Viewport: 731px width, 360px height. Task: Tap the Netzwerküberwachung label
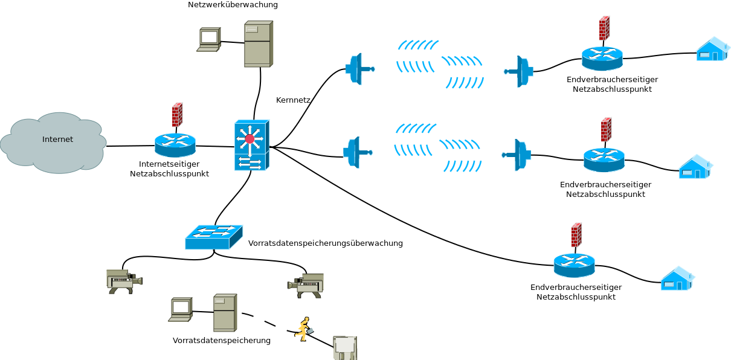tap(233, 5)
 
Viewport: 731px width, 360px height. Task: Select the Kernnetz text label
tap(293, 100)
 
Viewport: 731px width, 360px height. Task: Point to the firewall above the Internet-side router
tap(177, 114)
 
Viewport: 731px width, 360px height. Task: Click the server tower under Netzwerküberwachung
tap(258, 43)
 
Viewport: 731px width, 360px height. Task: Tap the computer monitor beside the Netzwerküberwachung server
tap(208, 39)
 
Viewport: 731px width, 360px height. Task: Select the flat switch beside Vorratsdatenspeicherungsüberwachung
tap(213, 237)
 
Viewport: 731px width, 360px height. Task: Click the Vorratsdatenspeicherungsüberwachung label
tap(325, 243)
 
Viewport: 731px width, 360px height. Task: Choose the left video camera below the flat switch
tap(124, 281)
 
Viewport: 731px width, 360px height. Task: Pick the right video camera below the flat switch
tap(306, 285)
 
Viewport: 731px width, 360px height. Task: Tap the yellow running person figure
tap(303, 329)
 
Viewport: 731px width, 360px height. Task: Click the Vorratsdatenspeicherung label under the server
tap(221, 341)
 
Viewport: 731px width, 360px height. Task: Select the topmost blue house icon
tap(712, 50)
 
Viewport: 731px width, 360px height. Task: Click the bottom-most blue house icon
tap(677, 279)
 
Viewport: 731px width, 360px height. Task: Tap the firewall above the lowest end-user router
tap(576, 235)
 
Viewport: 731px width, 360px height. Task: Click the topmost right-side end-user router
tap(602, 59)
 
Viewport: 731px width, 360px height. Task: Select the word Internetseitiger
tap(169, 164)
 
